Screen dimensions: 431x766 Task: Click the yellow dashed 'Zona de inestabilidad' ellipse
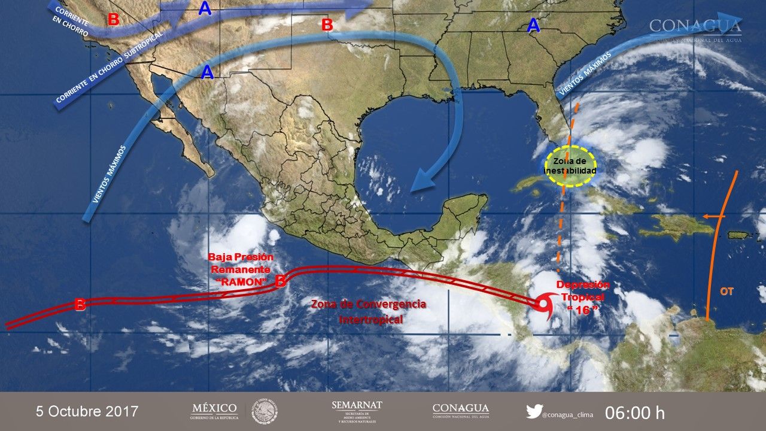[x=570, y=166]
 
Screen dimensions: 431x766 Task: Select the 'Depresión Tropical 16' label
[x=583, y=296]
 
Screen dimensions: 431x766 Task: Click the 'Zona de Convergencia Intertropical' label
[x=369, y=312]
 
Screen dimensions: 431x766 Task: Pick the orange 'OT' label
[x=727, y=292]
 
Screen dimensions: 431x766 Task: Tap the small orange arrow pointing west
[x=711, y=216]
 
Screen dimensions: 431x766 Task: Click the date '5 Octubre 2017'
[x=87, y=412]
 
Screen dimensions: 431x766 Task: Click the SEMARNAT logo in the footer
[x=357, y=411]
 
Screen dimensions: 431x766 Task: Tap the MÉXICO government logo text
[x=214, y=411]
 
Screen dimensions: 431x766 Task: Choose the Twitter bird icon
[x=534, y=411]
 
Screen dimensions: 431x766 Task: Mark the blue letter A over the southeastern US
[x=533, y=25]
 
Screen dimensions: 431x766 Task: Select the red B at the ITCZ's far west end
[x=80, y=304]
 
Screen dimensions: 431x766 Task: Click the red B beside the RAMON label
[x=279, y=281]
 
